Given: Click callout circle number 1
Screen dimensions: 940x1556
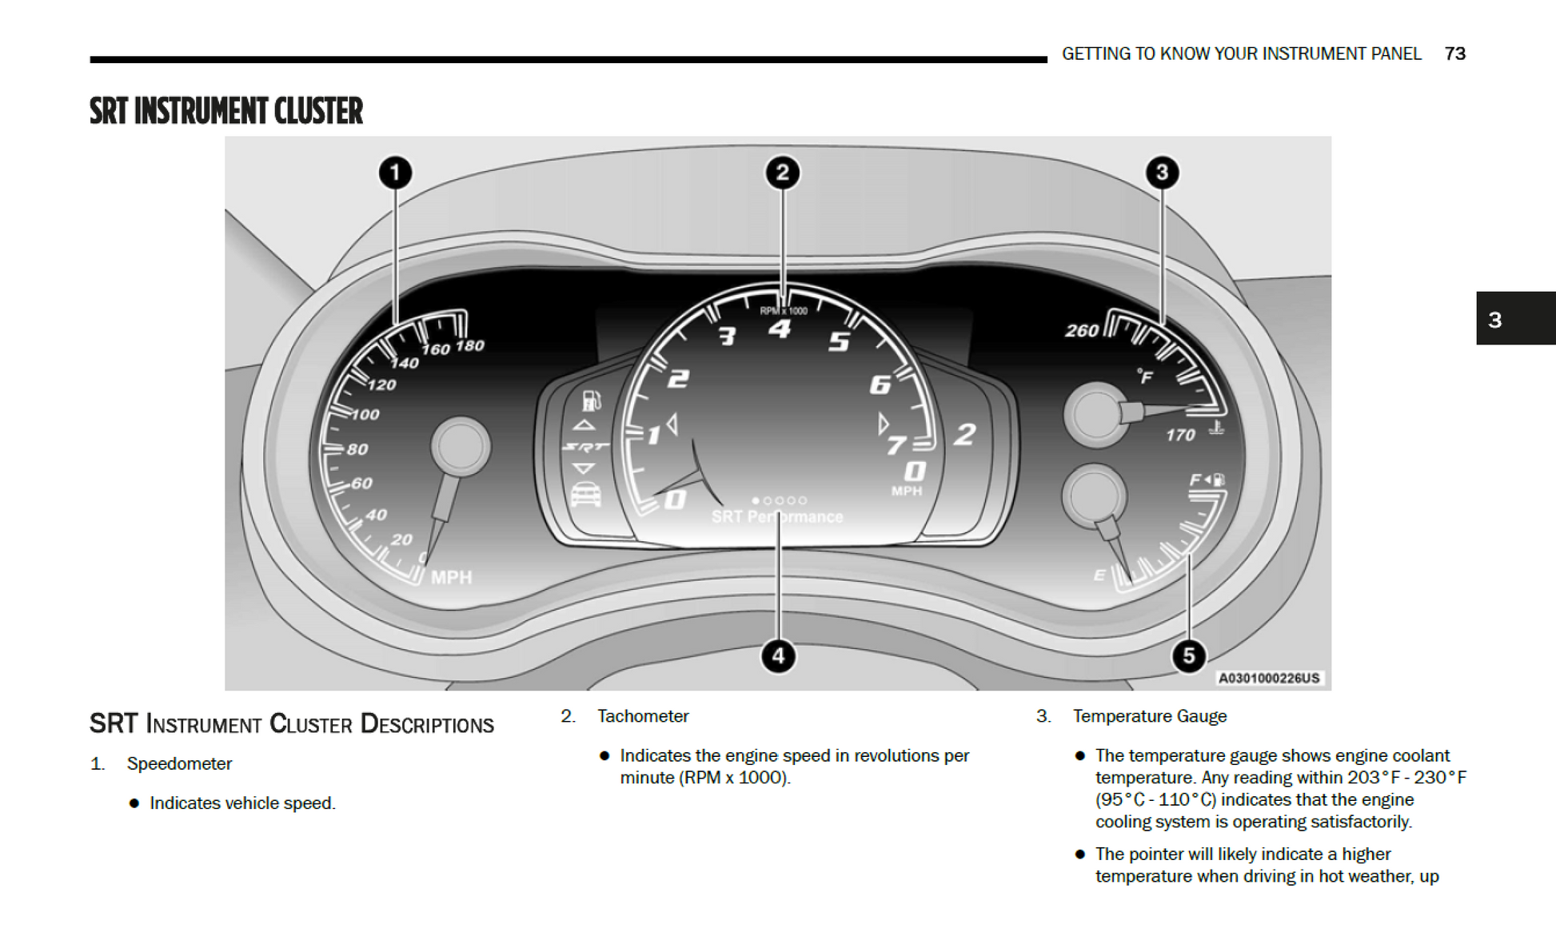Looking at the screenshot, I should coord(395,173).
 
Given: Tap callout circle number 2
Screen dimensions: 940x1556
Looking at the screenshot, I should coord(782,173).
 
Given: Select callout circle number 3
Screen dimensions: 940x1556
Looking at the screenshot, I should coord(1162,173).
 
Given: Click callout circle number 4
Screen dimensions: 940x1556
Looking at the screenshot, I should coord(778,656).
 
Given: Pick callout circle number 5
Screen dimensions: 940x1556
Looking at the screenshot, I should coord(1188,656).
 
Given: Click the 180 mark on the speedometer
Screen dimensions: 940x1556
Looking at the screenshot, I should coord(470,346).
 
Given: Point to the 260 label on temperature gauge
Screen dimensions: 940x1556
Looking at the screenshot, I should coord(1082,331).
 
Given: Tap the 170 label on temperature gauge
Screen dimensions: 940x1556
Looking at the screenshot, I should coord(1180,436).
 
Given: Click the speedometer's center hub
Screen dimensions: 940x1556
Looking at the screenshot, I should coord(461,446).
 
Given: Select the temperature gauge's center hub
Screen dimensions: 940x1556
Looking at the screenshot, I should coord(1096,414).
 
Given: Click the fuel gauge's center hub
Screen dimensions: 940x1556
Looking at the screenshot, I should coord(1093,496).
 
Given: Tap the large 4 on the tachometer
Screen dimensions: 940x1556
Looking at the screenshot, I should coord(780,329).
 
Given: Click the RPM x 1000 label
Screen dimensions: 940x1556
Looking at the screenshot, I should coord(783,311).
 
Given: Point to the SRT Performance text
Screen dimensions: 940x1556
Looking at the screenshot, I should coord(777,517).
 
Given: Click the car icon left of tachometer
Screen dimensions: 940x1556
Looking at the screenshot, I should coord(586,495).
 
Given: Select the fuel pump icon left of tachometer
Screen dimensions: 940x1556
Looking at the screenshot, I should coord(591,400).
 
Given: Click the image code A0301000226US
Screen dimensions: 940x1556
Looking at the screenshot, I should coord(1268,679).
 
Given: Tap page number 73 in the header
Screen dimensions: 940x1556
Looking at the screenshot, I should coord(1454,54).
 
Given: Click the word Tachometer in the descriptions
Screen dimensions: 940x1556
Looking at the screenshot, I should coord(643,716).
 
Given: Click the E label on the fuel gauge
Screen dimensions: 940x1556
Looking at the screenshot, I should coord(1099,576).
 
